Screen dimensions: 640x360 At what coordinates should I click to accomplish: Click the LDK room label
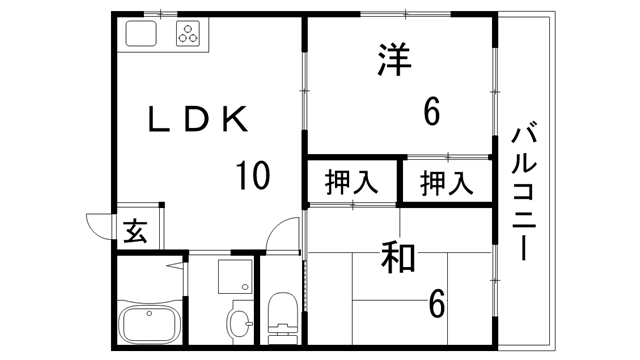click(x=196, y=120)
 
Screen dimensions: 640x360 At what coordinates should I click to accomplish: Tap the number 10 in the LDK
click(x=251, y=177)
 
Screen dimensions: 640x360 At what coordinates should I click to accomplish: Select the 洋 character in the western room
click(x=395, y=60)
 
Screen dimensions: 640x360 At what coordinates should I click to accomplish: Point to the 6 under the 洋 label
click(x=432, y=113)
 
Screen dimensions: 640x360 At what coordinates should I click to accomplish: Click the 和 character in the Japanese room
click(x=398, y=258)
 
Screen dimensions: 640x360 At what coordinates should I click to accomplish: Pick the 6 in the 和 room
click(x=436, y=300)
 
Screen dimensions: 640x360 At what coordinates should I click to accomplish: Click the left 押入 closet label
click(x=351, y=183)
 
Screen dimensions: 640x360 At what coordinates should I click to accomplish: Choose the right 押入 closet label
click(x=445, y=183)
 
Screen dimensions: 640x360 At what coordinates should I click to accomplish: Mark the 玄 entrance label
click(x=135, y=234)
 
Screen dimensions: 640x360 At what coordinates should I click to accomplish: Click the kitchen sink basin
click(x=139, y=36)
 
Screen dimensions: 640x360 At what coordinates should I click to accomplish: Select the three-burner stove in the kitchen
click(x=187, y=35)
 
